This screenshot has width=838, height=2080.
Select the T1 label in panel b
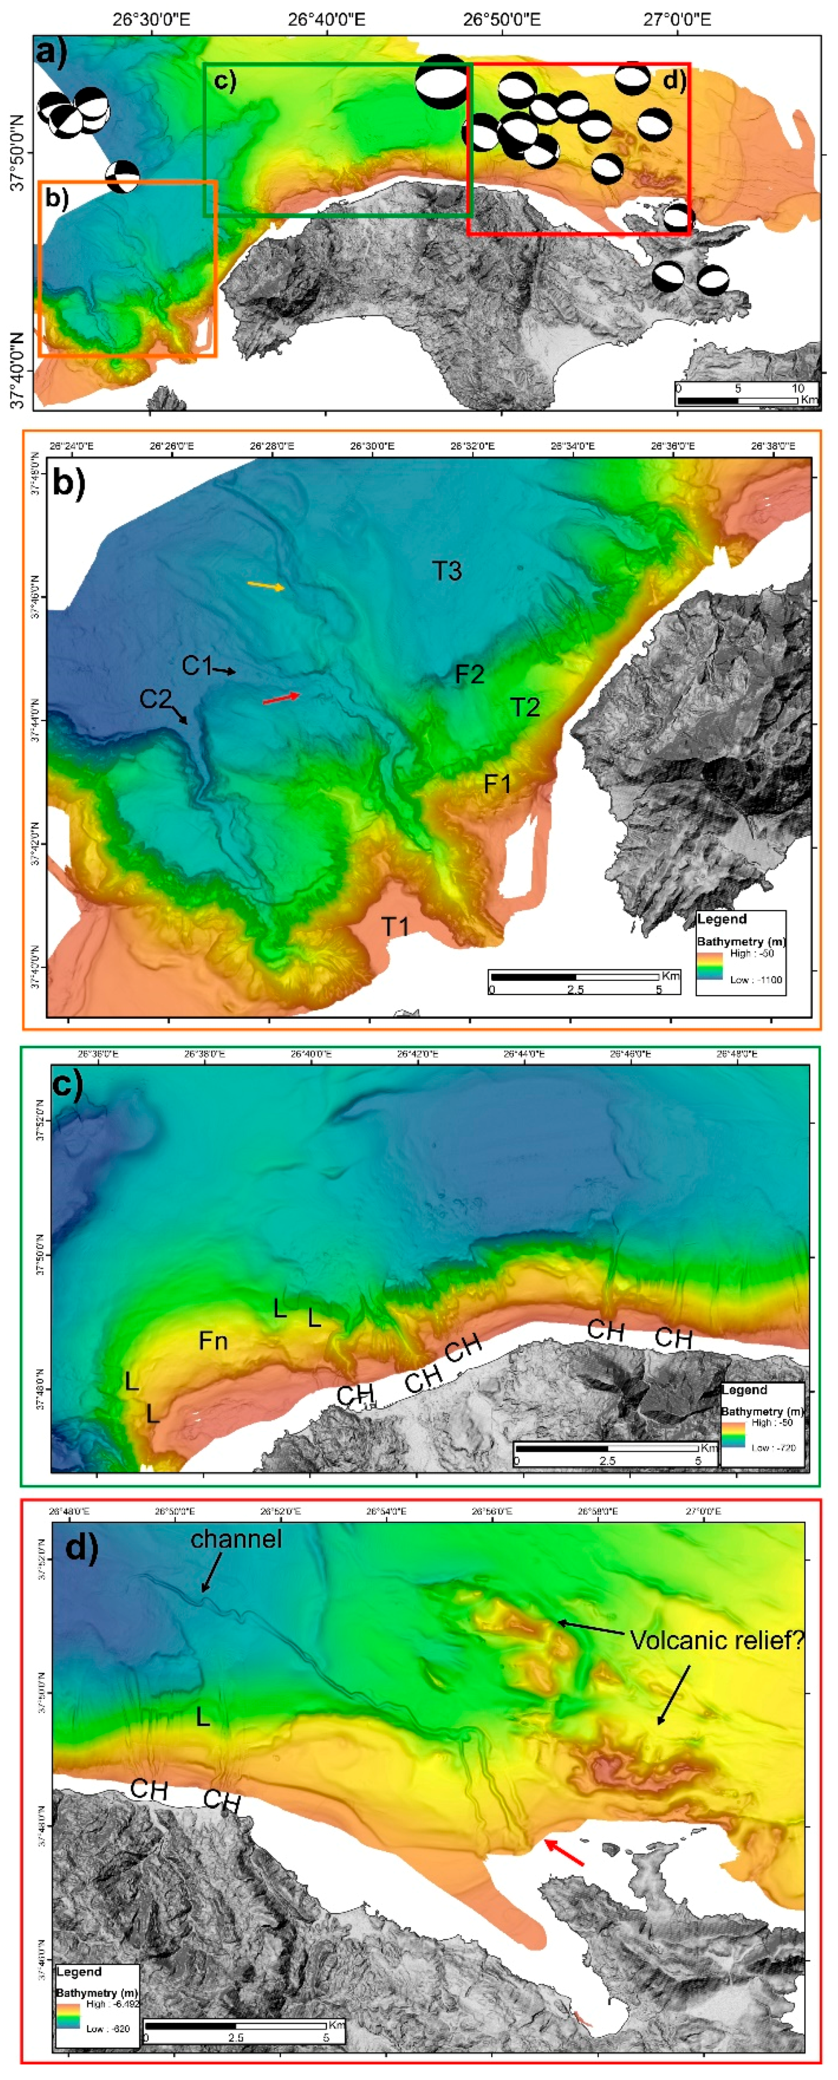pos(395,926)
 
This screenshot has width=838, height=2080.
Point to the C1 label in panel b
pos(196,665)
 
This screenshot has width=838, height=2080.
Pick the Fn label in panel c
pos(213,1341)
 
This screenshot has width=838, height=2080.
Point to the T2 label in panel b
pos(525,707)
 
